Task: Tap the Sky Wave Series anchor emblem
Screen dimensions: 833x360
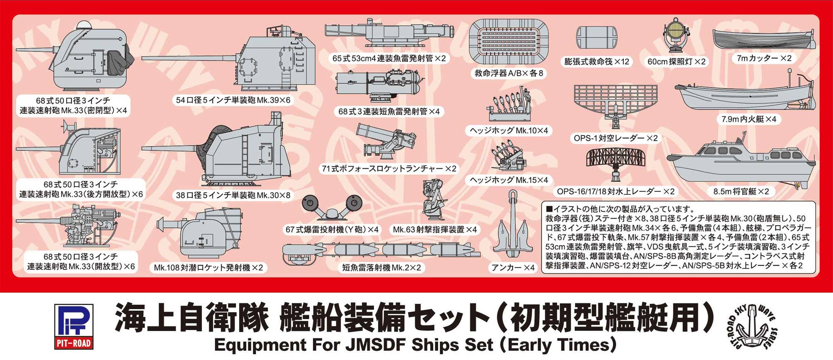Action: click(752, 327)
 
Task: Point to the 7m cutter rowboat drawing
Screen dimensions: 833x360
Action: click(764, 40)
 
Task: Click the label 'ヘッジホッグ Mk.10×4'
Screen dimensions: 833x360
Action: click(508, 131)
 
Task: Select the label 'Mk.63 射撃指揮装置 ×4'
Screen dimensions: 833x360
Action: click(434, 229)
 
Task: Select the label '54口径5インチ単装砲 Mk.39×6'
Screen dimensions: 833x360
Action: click(233, 100)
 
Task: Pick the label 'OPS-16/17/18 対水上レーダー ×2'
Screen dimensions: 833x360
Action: click(616, 191)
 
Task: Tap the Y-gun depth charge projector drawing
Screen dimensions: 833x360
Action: click(332, 207)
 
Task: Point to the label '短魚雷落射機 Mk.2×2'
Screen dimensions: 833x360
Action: click(382, 268)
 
